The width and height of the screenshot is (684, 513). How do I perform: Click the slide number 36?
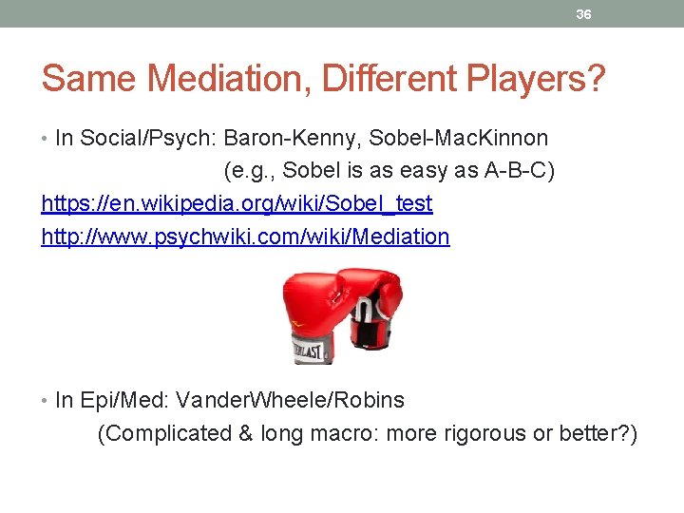pyautogui.click(x=584, y=14)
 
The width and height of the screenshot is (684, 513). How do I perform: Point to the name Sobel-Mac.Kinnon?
pyautogui.click(x=458, y=139)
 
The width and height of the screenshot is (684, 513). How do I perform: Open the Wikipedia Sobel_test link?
pyautogui.click(x=237, y=203)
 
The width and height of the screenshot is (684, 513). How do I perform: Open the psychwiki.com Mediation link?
pyautogui.click(x=245, y=236)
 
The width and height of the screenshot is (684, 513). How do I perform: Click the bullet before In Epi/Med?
pyautogui.click(x=46, y=401)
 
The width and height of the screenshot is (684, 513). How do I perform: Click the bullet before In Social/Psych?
pyautogui.click(x=46, y=139)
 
